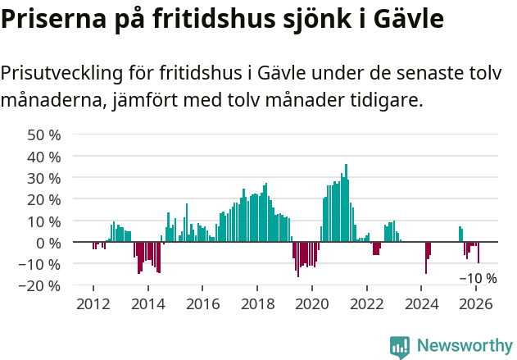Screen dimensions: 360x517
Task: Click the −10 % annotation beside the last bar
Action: point(478,278)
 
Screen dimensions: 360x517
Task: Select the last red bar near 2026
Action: point(478,253)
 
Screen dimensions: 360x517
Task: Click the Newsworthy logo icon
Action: point(400,347)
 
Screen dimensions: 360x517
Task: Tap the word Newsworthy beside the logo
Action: point(465,346)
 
